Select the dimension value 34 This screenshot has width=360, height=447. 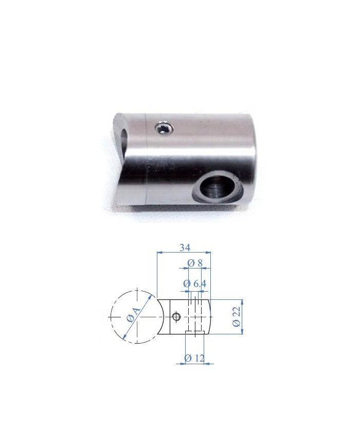coord(184,247)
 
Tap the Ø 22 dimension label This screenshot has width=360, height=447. coord(237,317)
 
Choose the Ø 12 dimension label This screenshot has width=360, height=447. coord(194,358)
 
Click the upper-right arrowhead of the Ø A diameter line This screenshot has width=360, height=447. coord(153,297)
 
